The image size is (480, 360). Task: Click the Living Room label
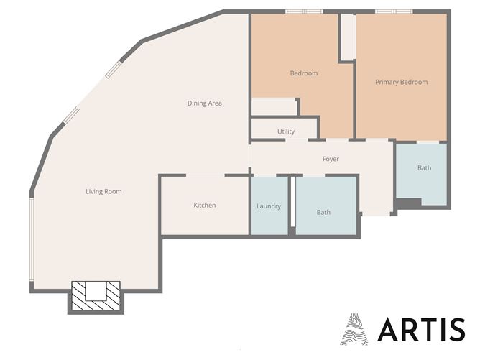click(103, 192)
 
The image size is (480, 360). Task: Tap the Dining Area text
click(205, 103)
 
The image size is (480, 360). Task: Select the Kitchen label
click(205, 205)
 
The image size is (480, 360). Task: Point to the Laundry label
click(269, 206)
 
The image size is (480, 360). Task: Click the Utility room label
click(286, 131)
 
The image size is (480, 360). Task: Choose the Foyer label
click(331, 159)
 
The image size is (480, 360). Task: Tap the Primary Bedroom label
click(402, 82)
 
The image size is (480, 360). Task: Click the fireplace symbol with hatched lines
click(96, 296)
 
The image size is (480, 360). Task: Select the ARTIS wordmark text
click(422, 329)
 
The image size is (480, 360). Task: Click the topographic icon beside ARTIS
click(354, 329)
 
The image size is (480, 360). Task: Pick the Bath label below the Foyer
click(323, 212)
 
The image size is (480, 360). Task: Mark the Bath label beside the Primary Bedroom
click(424, 167)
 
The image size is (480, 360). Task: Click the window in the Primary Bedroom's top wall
click(394, 11)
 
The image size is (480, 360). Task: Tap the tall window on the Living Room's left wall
click(31, 239)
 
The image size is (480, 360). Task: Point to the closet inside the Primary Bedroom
click(349, 37)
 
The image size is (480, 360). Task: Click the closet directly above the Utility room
click(274, 107)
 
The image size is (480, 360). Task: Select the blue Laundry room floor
click(269, 206)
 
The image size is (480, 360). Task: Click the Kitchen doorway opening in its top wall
click(205, 175)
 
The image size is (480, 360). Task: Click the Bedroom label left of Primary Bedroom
click(304, 73)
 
